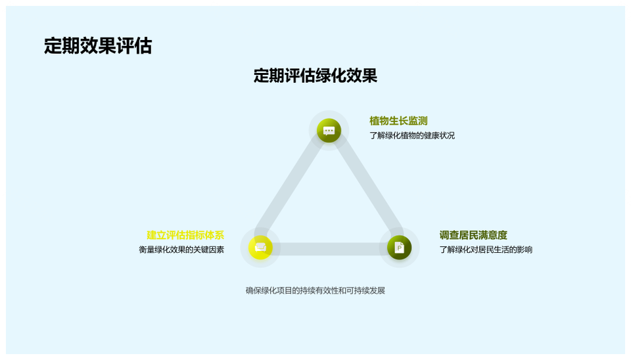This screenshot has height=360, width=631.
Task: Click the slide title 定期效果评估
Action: coord(98,46)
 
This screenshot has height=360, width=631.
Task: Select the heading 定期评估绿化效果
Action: coord(315,76)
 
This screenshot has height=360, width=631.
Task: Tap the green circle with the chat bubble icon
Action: coord(329,130)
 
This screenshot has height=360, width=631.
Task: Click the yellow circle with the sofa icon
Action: coord(260,248)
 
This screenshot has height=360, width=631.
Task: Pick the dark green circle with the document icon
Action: coord(399,248)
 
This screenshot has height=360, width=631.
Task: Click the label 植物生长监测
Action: coord(398,121)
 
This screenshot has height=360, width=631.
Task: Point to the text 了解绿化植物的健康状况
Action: coord(412,135)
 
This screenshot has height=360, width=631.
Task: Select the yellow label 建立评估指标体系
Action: coord(185,235)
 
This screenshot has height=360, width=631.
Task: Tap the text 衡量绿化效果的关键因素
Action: coord(181,250)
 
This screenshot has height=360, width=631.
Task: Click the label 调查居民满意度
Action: coord(473,235)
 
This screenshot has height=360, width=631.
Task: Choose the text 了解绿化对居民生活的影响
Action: coord(486,250)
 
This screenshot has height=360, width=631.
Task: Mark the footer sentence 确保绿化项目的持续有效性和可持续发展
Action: coord(315,290)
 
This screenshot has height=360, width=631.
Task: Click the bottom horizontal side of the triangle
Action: coord(330,249)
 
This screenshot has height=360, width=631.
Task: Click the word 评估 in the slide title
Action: coord(134,46)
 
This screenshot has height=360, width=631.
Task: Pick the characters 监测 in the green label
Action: coord(418,121)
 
